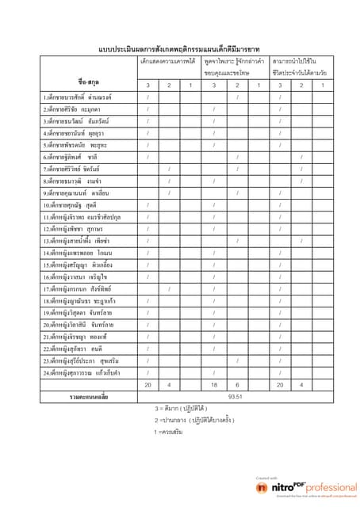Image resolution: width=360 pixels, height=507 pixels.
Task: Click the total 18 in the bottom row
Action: pos(213,384)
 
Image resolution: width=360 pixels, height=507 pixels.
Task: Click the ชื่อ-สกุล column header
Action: pos(89,81)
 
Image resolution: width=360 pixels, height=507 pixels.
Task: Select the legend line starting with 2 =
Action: pos(189,421)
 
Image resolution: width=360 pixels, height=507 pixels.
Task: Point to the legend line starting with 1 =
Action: pos(169,433)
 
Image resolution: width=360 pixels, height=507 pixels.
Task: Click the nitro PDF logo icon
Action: pos(262,488)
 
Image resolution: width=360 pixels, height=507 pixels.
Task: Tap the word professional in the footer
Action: pos(325,488)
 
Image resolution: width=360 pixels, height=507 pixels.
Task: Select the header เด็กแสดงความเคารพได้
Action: pos(168,61)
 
